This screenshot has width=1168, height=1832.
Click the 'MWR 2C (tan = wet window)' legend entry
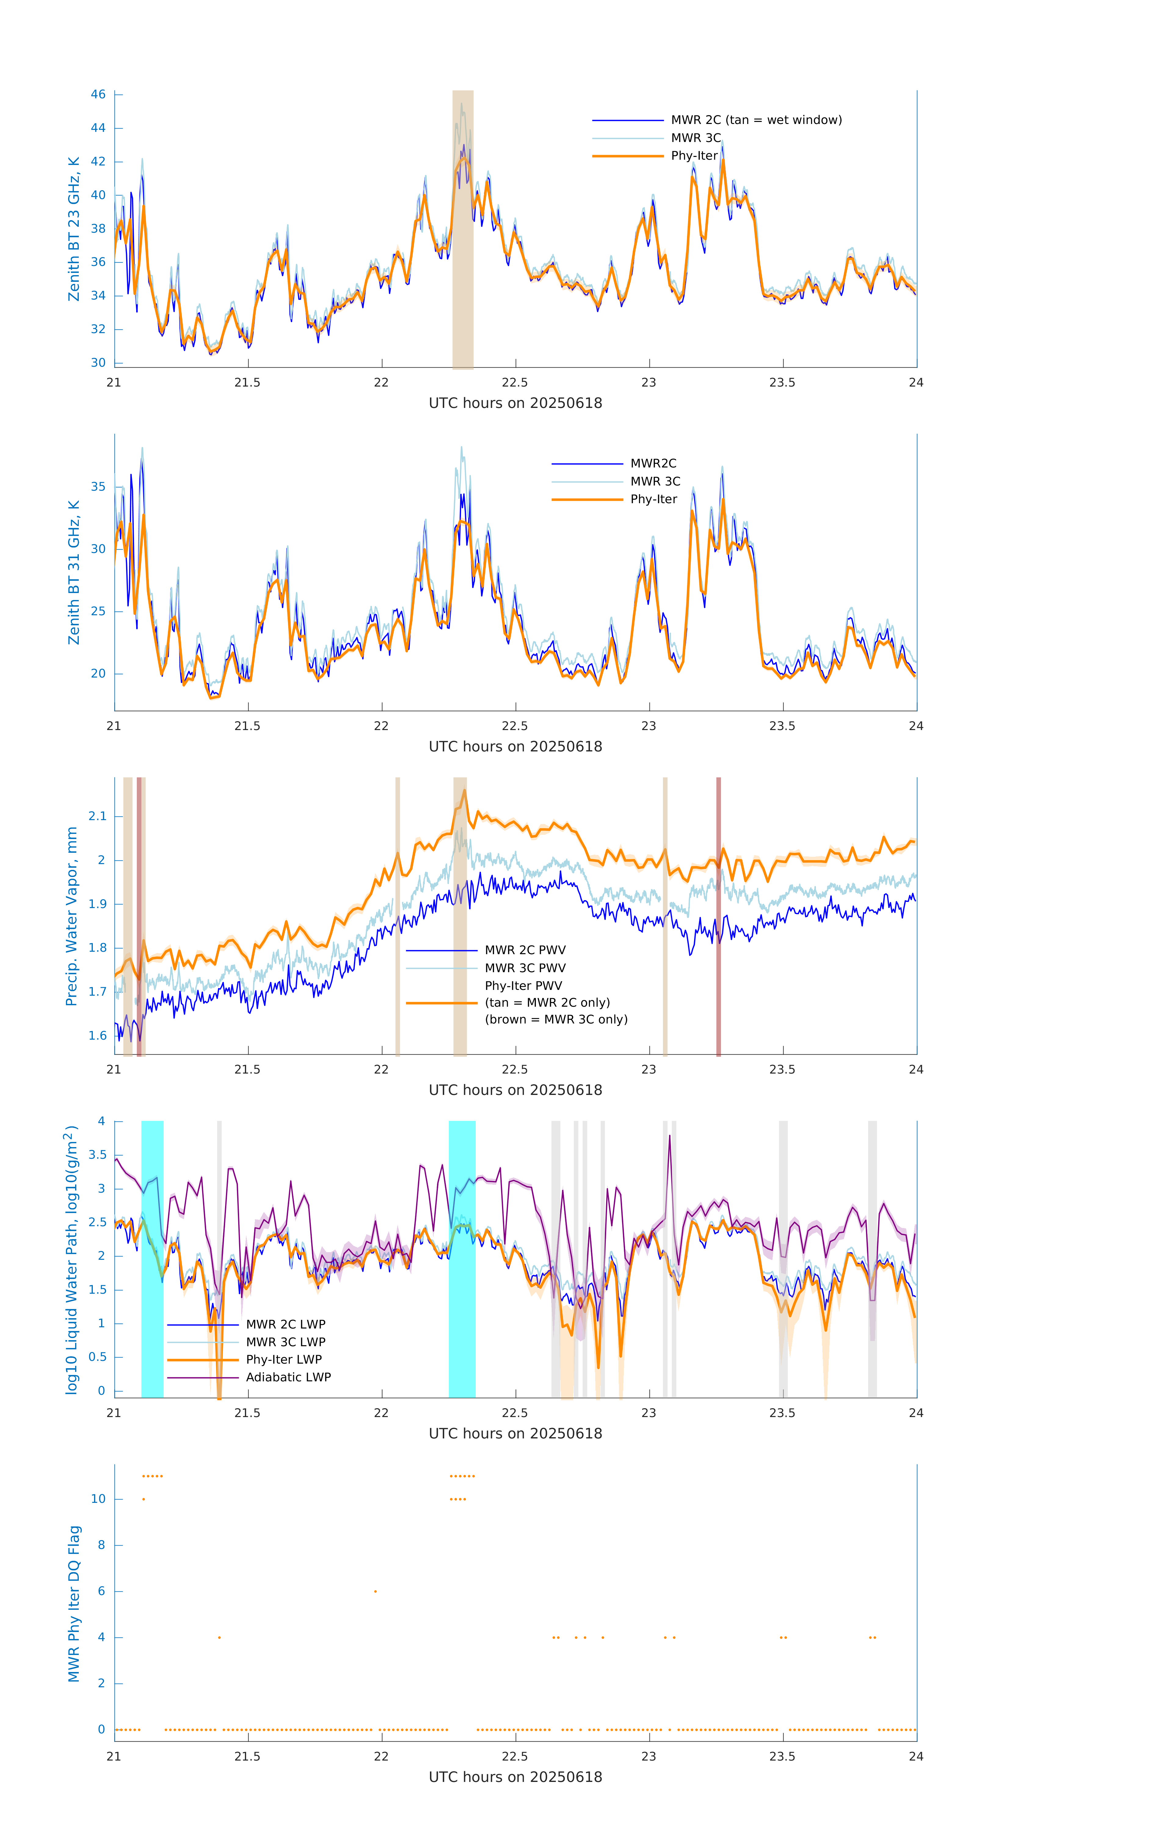[x=755, y=120]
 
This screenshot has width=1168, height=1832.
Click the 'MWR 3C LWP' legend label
[x=285, y=1342]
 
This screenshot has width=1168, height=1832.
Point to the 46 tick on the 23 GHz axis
[x=98, y=94]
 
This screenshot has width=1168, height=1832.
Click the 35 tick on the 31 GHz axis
[x=98, y=486]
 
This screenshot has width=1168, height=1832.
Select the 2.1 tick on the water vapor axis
[x=97, y=816]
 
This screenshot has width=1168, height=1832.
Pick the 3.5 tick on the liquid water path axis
[x=97, y=1155]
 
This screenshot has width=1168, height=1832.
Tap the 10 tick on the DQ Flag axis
[x=98, y=1499]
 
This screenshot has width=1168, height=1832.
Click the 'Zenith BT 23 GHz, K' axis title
[x=74, y=229]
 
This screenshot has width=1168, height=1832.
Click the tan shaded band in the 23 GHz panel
[x=463, y=228]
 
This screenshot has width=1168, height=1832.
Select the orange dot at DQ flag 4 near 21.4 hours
[x=219, y=1637]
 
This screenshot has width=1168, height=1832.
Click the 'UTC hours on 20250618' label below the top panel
[x=515, y=403]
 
